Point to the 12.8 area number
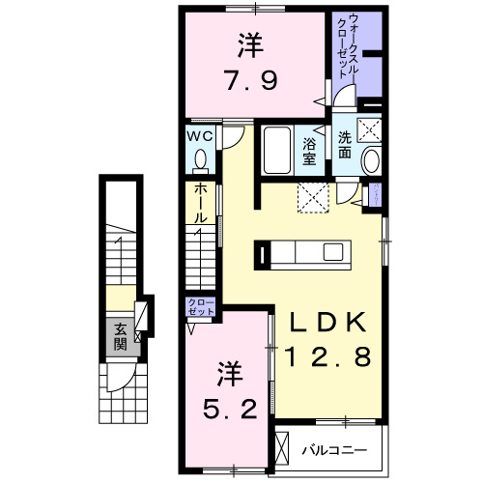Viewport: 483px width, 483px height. [327, 358]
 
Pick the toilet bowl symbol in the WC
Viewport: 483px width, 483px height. [201, 158]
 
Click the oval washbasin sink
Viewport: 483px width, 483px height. [371, 161]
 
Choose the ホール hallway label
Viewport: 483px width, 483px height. [199, 205]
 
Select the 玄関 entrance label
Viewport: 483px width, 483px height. [120, 335]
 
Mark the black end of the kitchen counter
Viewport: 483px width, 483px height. [261, 253]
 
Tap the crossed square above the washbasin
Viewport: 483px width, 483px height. [369, 128]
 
